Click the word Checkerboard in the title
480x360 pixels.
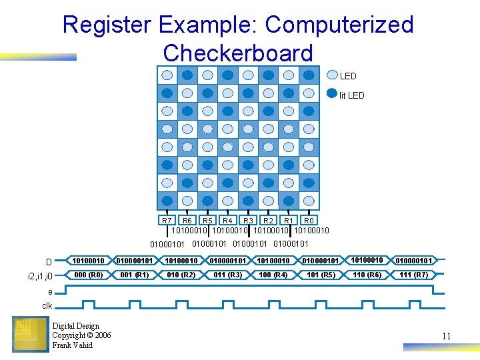[237, 53]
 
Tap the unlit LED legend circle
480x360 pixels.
[332, 76]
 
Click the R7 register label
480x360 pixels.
[167, 220]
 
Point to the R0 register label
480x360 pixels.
[308, 220]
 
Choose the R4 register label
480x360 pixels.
[227, 220]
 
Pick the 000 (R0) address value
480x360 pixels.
[88, 275]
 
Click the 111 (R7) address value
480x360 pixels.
[413, 275]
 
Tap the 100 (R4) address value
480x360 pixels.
[273, 275]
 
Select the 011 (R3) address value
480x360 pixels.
[227, 275]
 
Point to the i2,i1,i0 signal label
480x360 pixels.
[45, 275]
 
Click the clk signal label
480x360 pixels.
[47, 305]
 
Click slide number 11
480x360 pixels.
[446, 336]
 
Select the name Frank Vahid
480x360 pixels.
[72, 345]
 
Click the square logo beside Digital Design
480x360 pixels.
[29, 333]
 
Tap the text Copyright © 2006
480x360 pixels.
[81, 335]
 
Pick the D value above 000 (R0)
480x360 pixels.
[88, 260]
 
